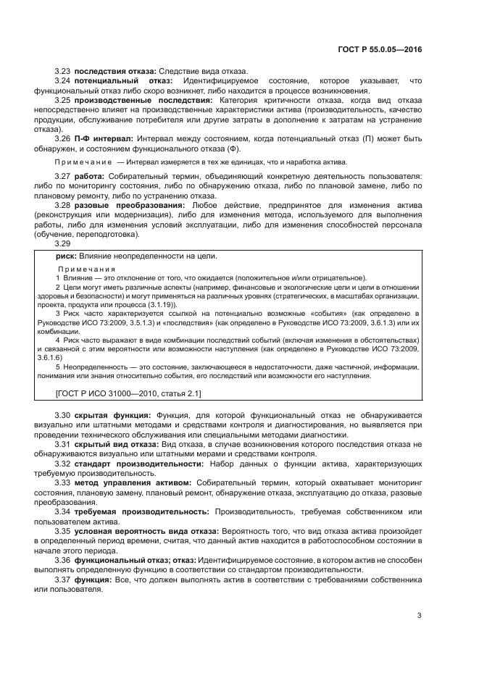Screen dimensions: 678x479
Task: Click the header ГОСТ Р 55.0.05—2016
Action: tap(380, 49)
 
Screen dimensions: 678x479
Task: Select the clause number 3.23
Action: tap(63, 71)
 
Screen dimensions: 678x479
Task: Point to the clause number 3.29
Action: tap(63, 243)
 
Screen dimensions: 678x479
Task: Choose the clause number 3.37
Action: tap(63, 580)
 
